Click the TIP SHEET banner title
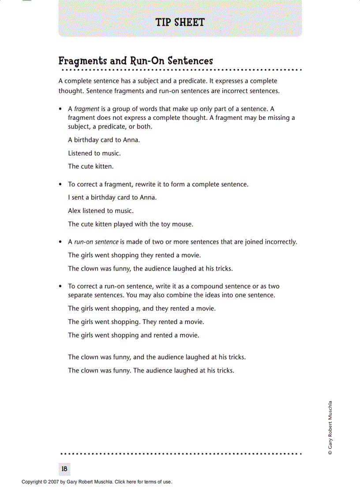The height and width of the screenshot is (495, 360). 180,22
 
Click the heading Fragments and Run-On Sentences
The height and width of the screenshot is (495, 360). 135,61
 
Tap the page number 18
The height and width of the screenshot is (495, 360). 64,469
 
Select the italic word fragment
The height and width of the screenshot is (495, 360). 86,109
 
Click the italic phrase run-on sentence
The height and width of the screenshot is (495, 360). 96,242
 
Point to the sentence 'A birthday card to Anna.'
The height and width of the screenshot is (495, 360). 104,140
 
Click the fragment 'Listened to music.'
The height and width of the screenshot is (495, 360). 94,153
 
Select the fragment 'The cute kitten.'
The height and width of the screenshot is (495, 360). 90,167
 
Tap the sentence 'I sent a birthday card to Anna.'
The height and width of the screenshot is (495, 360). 112,197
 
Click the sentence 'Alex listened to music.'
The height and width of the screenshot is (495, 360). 101,211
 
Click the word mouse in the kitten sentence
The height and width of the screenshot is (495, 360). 182,224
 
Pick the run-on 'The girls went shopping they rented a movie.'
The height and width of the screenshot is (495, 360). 134,255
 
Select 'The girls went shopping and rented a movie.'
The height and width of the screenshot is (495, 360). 133,335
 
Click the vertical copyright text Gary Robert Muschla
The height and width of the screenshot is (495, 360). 330,428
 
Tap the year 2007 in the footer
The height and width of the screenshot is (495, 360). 53,482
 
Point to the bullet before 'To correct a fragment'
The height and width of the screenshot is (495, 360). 60,185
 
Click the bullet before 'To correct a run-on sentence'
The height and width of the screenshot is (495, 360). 60,287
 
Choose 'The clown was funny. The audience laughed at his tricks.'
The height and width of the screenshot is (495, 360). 151,371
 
